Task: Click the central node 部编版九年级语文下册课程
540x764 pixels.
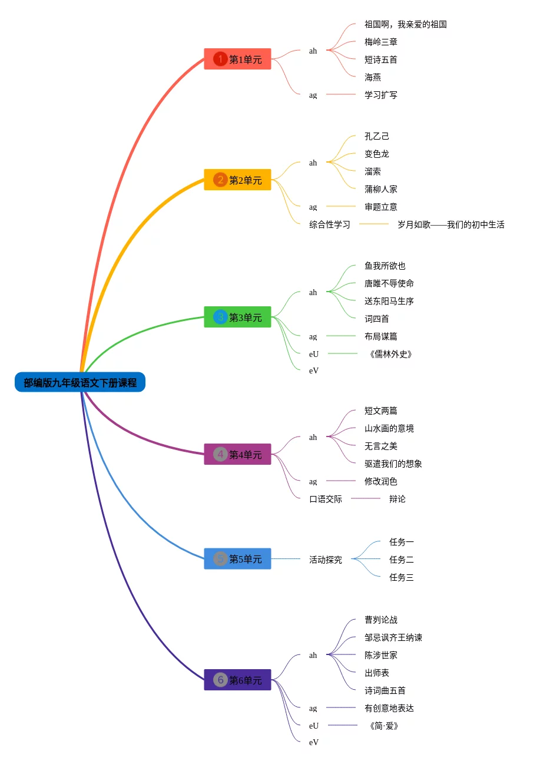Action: click(x=80, y=382)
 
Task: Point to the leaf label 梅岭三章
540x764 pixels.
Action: click(x=380, y=42)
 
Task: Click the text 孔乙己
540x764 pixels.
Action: click(x=377, y=136)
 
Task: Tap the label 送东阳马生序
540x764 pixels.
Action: click(x=389, y=301)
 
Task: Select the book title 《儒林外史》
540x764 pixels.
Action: click(x=390, y=354)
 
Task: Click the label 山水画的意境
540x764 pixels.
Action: click(x=389, y=428)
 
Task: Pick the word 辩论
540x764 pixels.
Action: click(x=397, y=499)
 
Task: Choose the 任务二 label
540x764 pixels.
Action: click(x=401, y=560)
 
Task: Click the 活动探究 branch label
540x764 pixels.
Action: click(x=326, y=560)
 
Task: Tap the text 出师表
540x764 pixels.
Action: click(x=377, y=673)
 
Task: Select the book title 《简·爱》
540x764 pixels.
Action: click(x=384, y=726)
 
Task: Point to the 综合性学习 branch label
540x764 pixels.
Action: click(x=330, y=224)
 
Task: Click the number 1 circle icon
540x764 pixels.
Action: click(x=220, y=59)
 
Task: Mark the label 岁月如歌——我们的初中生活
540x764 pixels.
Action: click(x=450, y=224)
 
